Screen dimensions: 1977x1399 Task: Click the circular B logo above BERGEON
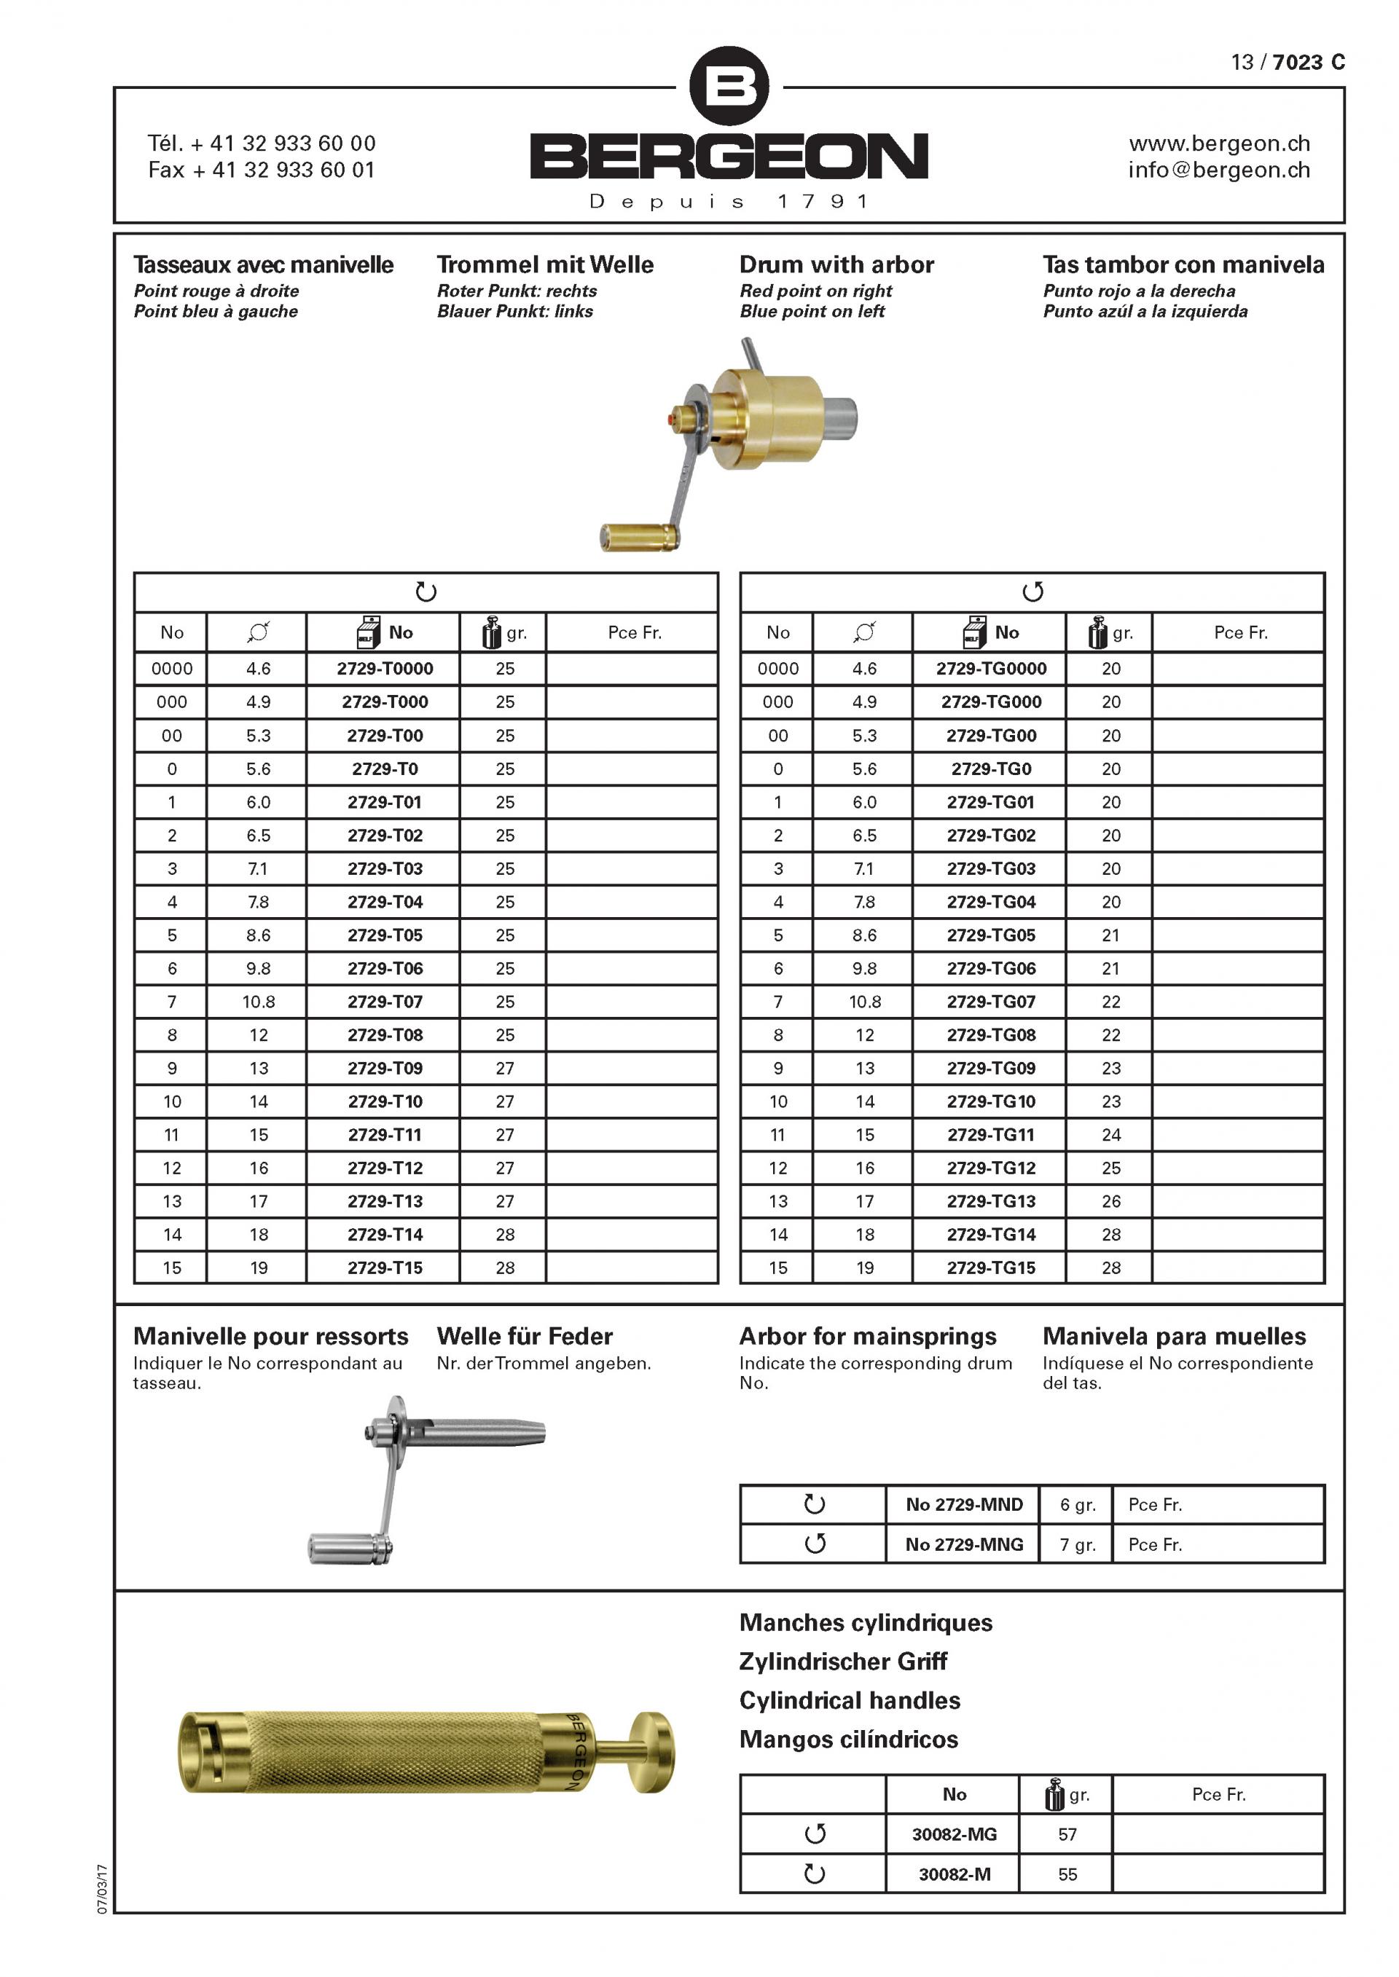[x=729, y=85]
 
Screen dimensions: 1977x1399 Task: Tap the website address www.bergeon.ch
[x=1219, y=143]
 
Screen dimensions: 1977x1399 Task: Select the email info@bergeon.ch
[x=1219, y=170]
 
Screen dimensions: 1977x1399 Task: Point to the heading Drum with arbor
[x=836, y=264]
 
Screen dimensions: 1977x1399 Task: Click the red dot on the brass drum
[x=672, y=420]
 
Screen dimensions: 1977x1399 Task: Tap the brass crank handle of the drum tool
[x=638, y=536]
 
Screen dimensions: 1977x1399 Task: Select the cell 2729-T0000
[x=384, y=668]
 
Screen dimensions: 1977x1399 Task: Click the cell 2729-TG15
[x=991, y=1267]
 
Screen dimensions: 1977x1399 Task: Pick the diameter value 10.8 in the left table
[x=259, y=1002]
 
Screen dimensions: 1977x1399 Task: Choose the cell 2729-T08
[x=384, y=1035]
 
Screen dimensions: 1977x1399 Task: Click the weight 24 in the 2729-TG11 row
[x=1110, y=1135]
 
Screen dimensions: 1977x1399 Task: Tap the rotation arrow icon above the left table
[x=426, y=591]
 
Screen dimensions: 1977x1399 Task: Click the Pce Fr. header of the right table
[x=1240, y=632]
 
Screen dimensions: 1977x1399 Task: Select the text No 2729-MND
[x=963, y=1504]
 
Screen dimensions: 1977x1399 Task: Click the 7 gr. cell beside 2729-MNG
[x=1077, y=1545]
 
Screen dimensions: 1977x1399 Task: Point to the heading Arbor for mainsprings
[x=868, y=1337]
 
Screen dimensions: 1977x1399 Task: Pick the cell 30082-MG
[x=954, y=1834]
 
